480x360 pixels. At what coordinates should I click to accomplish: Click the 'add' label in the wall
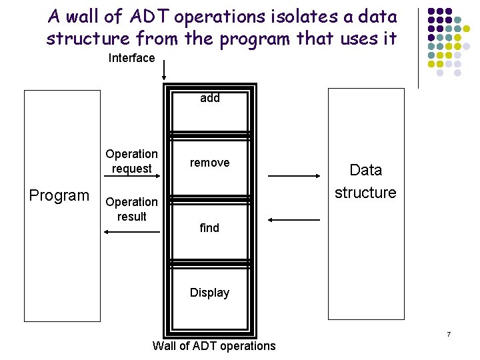point(210,98)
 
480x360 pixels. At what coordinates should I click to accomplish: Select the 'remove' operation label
point(209,163)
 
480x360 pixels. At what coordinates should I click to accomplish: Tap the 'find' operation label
point(209,228)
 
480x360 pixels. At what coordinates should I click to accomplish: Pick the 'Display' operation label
point(209,293)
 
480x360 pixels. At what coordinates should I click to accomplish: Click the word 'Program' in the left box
point(59,195)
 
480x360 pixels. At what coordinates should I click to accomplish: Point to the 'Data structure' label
point(365,181)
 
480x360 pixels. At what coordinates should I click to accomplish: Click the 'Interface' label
point(131,58)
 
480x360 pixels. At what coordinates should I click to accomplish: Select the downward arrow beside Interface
point(164,69)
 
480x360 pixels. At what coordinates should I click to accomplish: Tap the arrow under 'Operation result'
point(132,231)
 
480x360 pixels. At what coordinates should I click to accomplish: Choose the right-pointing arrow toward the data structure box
point(294,175)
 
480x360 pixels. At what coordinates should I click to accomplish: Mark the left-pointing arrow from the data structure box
point(294,219)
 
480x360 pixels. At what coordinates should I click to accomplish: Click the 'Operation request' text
point(132,161)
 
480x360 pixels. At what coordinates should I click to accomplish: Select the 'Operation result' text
point(132,209)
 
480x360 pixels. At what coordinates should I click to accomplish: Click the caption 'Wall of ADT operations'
point(213,345)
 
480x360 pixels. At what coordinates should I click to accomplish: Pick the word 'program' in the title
point(254,39)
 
